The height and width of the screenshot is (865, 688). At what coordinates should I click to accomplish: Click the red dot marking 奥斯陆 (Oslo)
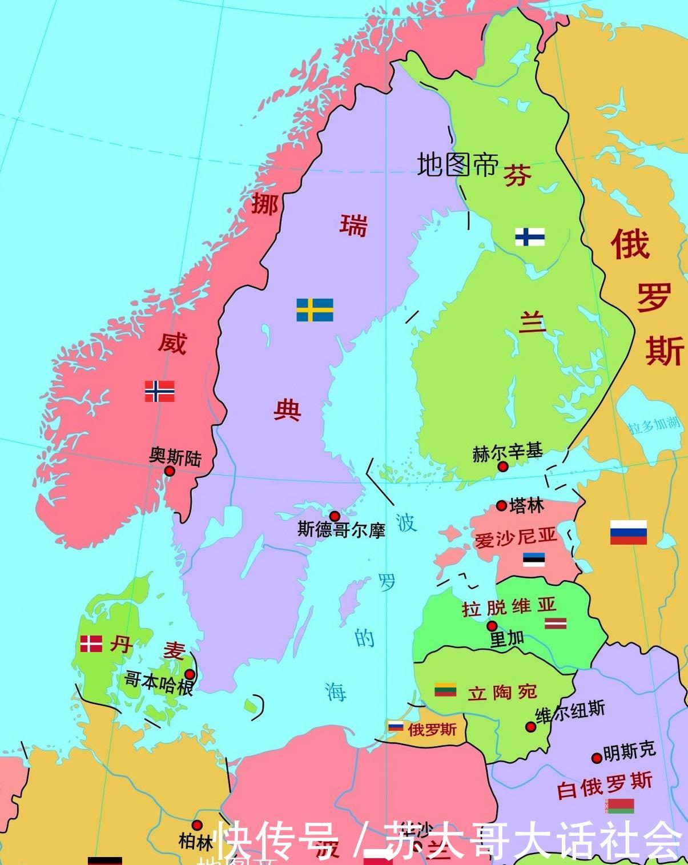click(x=170, y=471)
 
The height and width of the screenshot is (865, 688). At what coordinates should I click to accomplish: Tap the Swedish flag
click(x=315, y=309)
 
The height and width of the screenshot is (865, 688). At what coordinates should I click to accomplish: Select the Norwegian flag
click(x=159, y=391)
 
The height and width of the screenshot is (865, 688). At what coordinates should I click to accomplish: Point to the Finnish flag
click(x=530, y=236)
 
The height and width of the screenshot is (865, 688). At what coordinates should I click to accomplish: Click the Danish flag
click(x=91, y=644)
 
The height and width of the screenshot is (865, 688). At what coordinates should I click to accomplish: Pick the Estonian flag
click(x=534, y=560)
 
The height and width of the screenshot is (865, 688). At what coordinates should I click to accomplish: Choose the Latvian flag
click(x=554, y=623)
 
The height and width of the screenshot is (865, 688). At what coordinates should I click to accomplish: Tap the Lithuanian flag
click(x=445, y=690)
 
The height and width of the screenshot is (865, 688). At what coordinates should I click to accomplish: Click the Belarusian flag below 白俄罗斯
click(x=621, y=806)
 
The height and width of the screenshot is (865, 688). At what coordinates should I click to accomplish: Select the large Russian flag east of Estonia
click(x=628, y=532)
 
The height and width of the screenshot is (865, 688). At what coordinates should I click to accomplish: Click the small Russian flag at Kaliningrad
click(x=396, y=727)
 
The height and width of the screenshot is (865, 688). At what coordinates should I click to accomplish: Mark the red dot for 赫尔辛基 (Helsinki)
click(x=503, y=466)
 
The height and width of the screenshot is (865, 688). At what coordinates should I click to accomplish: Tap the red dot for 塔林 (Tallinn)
click(x=501, y=505)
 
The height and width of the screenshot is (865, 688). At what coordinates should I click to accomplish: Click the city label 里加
click(x=507, y=639)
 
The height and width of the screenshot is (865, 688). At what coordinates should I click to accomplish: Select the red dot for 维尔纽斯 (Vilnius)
click(x=530, y=727)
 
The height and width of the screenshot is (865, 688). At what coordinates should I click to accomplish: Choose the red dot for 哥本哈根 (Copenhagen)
click(x=190, y=674)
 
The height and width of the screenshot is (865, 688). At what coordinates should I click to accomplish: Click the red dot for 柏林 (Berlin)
click(x=197, y=825)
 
